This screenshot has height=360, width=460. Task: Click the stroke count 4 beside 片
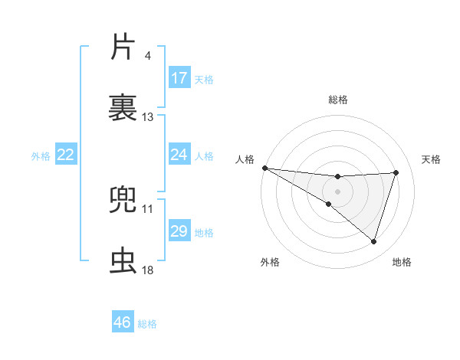coord(147,56)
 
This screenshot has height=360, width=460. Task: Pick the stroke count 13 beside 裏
coord(148,117)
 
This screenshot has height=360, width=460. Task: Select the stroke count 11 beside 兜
coord(148,208)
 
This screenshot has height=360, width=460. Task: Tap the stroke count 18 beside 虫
coord(148,270)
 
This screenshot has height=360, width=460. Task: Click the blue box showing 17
coord(179,78)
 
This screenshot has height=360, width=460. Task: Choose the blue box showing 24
coord(179,155)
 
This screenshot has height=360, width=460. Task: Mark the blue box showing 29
coord(179,231)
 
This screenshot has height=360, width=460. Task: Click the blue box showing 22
coord(66,155)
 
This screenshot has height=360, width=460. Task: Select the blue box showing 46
coord(123,322)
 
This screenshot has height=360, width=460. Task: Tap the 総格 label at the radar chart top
coord(338,100)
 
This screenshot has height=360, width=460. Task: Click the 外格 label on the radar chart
coord(270,263)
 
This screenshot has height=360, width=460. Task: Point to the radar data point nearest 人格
coord(264,168)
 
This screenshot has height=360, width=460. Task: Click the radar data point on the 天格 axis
coord(396,172)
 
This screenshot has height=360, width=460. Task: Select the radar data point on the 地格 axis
coord(374,241)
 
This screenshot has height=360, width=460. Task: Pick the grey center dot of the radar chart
coord(338,191)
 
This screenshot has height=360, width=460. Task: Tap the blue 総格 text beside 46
coord(147,324)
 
